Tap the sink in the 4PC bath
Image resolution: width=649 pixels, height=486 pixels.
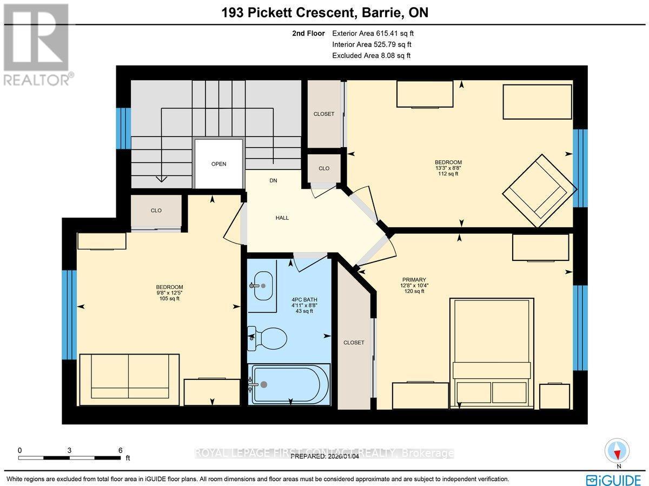coord(262,284)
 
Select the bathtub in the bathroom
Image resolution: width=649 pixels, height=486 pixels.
coord(289,384)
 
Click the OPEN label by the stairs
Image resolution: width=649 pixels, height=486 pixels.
coord(218,164)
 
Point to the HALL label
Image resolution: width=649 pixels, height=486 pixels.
coord(282,218)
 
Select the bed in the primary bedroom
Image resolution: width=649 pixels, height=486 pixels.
coord(491,352)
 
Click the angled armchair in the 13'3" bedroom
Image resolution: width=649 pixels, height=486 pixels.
coord(535,191)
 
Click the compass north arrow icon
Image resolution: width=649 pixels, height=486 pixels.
coord(618,451)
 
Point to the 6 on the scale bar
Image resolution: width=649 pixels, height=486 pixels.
coord(121,450)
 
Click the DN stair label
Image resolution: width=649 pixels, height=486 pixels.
coord(273,181)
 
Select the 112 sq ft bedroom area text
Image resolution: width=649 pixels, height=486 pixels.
coord(448,174)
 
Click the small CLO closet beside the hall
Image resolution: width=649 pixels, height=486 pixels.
coord(323,168)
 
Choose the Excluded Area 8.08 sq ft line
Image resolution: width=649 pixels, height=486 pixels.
coord(371,56)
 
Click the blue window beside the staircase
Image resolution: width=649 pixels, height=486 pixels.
coord(123,128)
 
